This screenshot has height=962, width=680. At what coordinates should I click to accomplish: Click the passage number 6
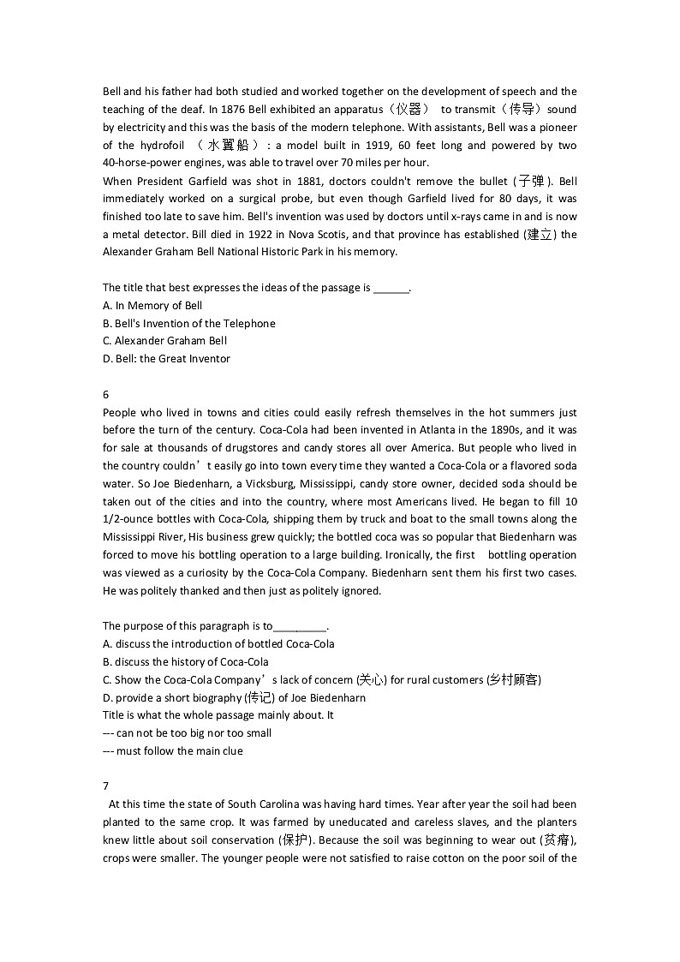coord(105,395)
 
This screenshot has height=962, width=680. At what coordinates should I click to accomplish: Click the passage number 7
coord(105,786)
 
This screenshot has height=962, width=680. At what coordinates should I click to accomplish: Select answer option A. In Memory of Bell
coord(152,306)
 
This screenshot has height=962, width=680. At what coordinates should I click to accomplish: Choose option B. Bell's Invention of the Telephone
coord(189,324)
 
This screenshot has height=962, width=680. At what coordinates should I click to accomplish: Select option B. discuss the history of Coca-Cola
coord(186,662)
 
